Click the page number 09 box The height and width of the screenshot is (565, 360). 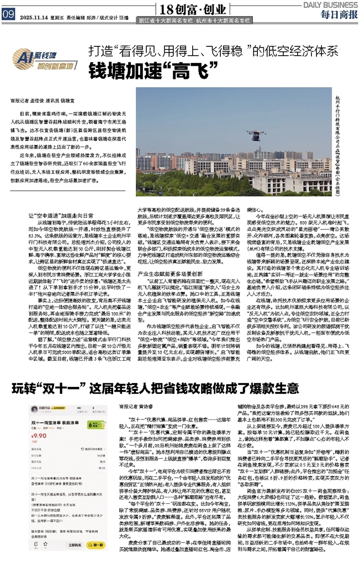[8, 15]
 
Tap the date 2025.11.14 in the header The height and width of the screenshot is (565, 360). [35, 16]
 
